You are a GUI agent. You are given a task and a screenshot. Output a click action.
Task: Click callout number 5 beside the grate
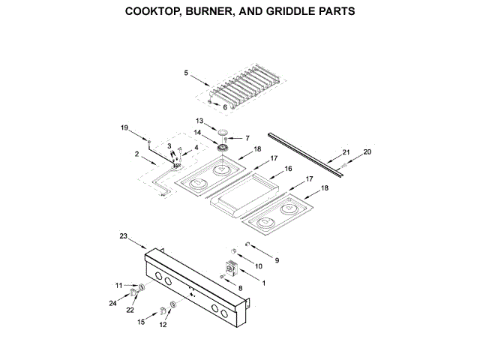click(x=186, y=73)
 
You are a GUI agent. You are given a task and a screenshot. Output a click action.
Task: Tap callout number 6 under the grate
click(x=224, y=107)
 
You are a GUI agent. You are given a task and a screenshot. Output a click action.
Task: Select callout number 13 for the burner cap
click(x=200, y=120)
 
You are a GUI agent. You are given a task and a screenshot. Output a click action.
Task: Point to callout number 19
click(x=125, y=128)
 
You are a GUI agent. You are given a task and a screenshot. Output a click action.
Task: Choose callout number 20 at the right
click(x=367, y=152)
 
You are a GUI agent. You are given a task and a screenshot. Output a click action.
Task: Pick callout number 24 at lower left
click(x=112, y=304)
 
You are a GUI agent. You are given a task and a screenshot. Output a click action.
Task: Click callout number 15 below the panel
click(x=140, y=322)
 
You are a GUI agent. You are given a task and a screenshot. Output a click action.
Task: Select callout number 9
click(x=276, y=259)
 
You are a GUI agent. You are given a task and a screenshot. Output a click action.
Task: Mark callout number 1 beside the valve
click(x=262, y=282)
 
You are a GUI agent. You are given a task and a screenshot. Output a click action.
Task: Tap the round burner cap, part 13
click(x=223, y=132)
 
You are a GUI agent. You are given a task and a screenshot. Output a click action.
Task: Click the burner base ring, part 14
click(x=223, y=147)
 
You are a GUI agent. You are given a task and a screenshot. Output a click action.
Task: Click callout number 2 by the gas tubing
click(x=137, y=154)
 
